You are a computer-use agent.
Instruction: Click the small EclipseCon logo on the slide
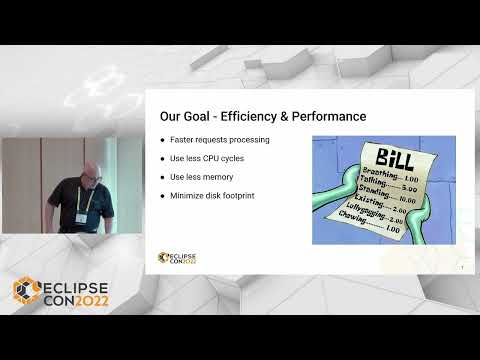pos(178,258)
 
